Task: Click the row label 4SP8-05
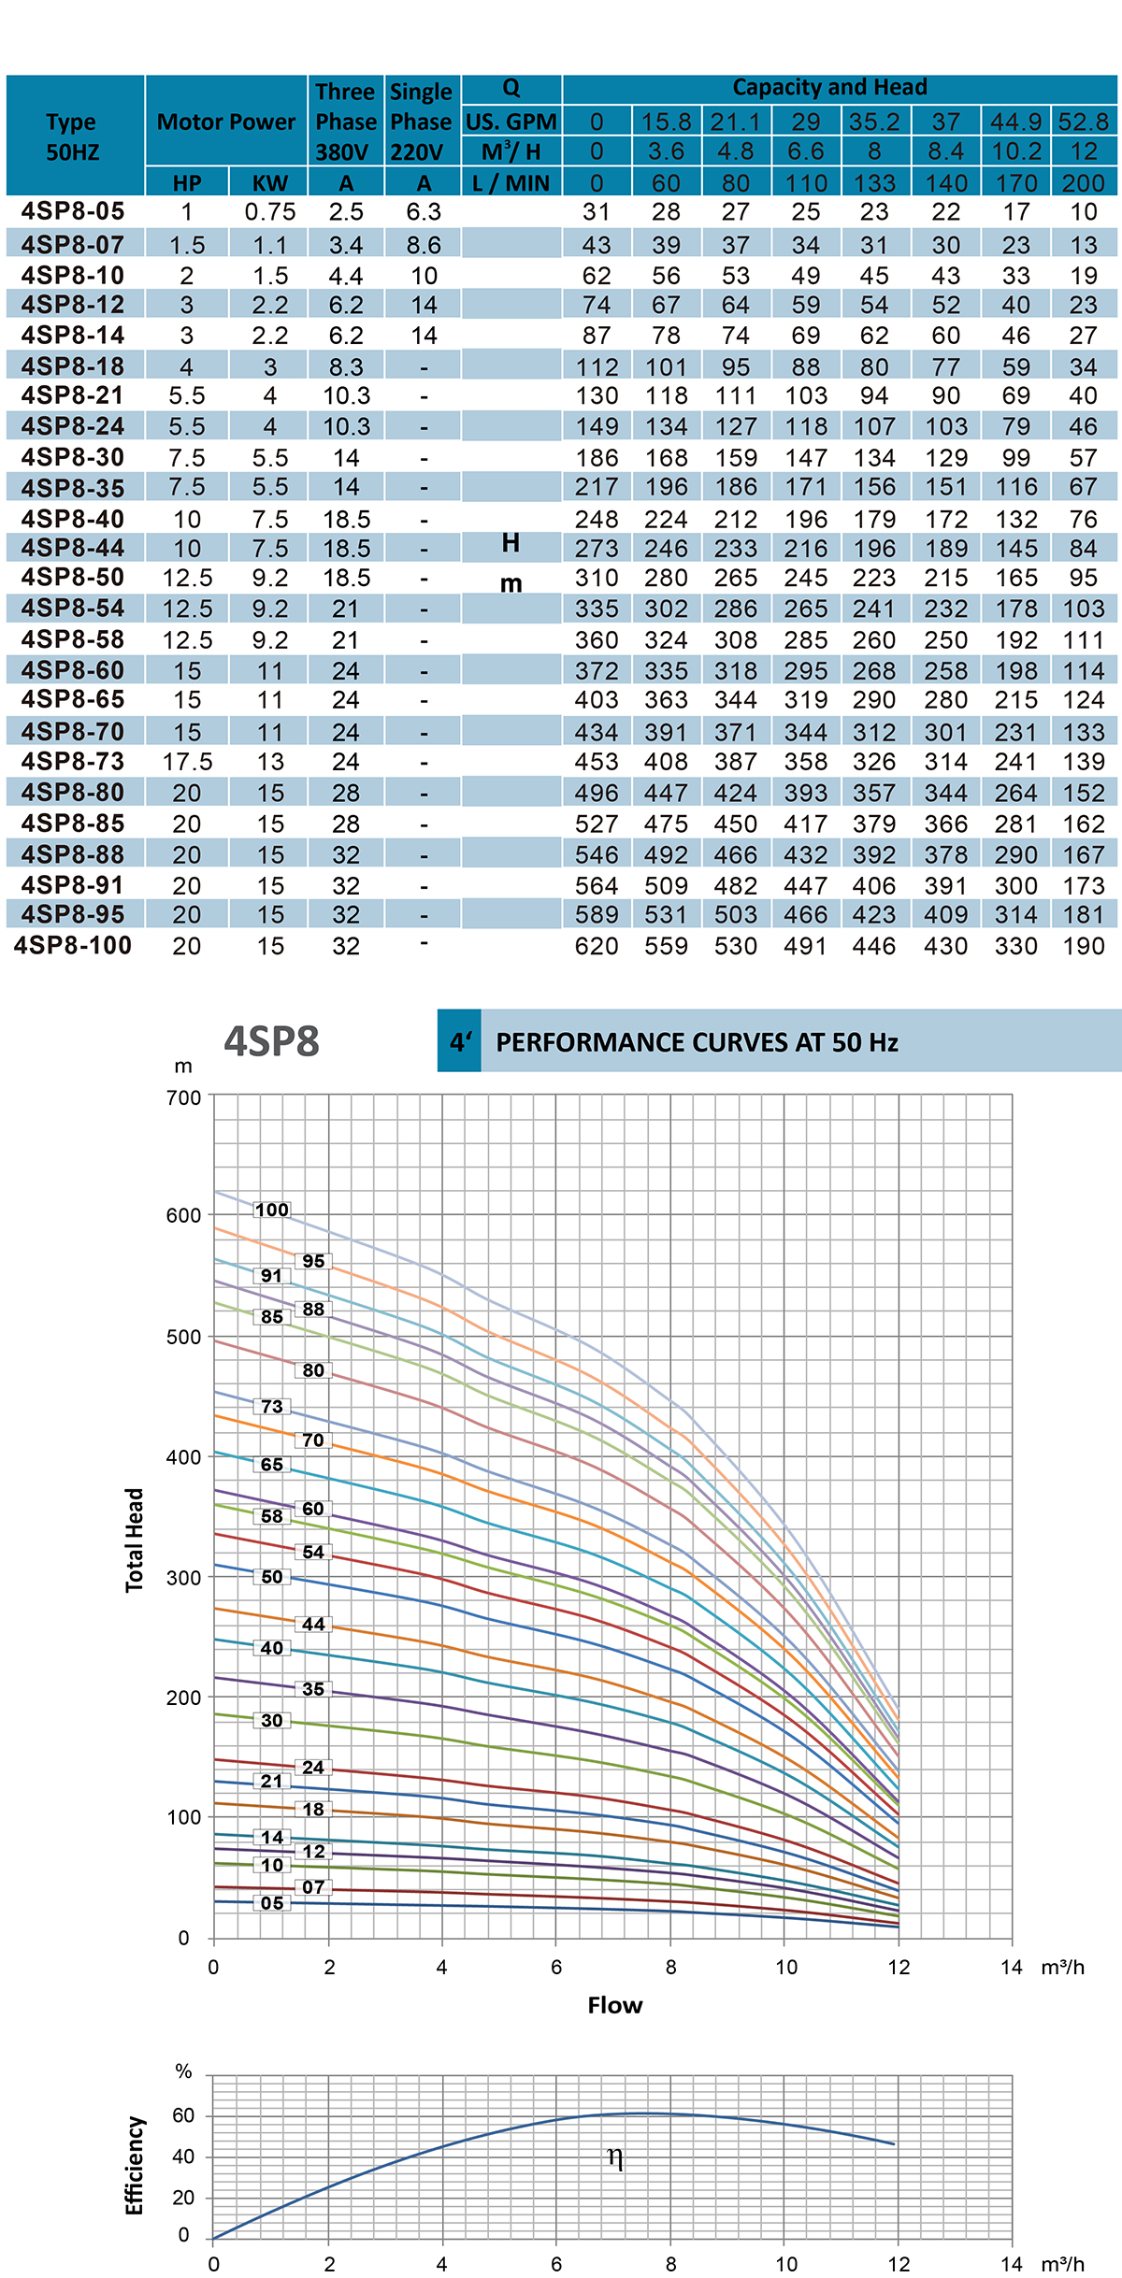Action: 73,212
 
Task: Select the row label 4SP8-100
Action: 73,946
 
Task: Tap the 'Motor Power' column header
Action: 226,122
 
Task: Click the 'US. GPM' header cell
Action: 511,122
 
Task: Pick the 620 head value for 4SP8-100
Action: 597,946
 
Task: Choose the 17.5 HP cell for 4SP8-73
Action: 187,762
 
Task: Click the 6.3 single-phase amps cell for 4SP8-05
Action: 424,212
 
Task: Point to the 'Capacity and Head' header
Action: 829,88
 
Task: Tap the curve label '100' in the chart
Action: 272,1210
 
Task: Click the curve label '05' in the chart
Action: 272,1903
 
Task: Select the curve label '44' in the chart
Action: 313,1625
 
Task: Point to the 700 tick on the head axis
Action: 183,1097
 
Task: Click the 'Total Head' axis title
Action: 136,1540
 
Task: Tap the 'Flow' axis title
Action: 614,2005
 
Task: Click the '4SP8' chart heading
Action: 271,1041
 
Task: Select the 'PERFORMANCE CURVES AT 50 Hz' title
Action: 697,1042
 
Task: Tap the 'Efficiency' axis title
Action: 136,2166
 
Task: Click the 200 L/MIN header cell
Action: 1083,183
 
